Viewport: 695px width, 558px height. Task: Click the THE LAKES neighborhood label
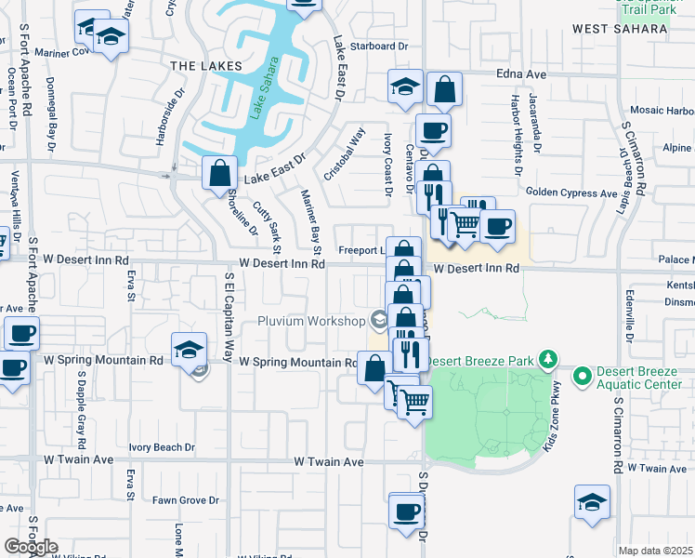tap(206, 66)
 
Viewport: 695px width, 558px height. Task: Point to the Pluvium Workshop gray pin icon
tap(378, 321)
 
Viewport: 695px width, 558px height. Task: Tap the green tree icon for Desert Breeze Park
tap(549, 359)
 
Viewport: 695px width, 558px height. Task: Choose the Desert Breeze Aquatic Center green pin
tap(583, 377)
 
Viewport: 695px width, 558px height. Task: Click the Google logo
tap(31, 547)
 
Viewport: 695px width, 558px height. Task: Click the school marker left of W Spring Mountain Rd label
tap(189, 350)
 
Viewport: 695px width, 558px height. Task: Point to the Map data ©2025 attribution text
tap(655, 551)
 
